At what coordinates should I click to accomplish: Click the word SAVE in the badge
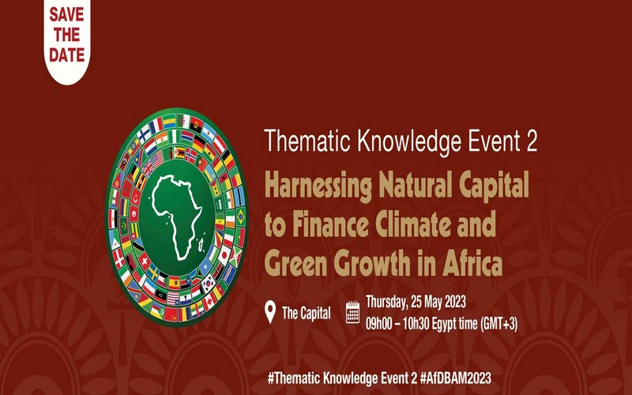tap(67, 15)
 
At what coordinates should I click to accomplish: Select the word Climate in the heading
tap(421, 227)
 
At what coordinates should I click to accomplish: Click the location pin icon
tap(269, 311)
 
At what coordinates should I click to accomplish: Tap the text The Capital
tap(307, 313)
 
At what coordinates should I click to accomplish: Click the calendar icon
tap(353, 312)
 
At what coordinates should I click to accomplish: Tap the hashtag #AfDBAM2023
tap(446, 378)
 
